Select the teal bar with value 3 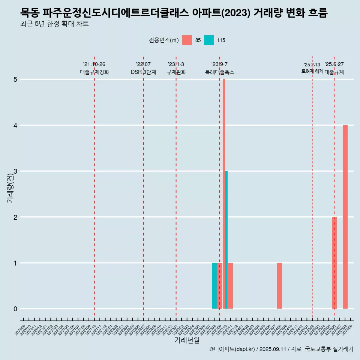(226, 240)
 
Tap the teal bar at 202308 (214, 286)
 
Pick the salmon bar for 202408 (279, 286)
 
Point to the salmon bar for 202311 (231, 286)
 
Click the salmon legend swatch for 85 (187, 40)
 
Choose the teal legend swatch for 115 (209, 40)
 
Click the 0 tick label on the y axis (15, 309)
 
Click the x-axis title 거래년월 (187, 340)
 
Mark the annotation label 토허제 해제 (312, 71)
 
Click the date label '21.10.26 (94, 64)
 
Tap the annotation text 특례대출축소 (220, 72)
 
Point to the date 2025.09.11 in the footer (273, 349)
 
